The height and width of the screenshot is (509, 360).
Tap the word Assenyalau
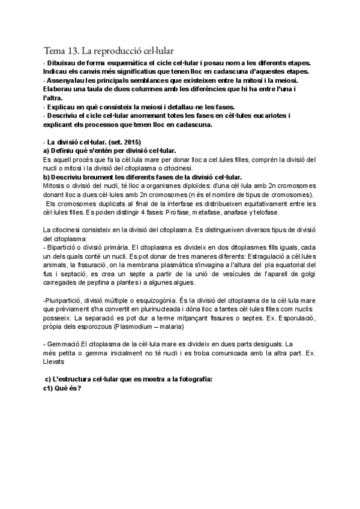[x=68, y=81]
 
